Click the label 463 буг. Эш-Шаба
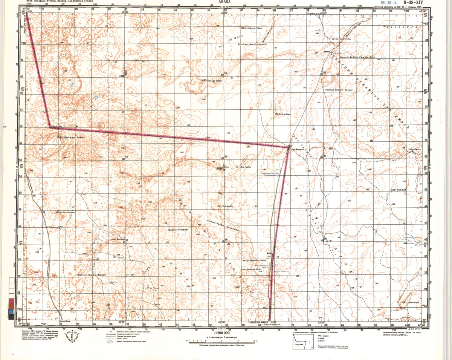210,80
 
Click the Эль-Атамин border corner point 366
288,147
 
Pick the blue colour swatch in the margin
10,312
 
